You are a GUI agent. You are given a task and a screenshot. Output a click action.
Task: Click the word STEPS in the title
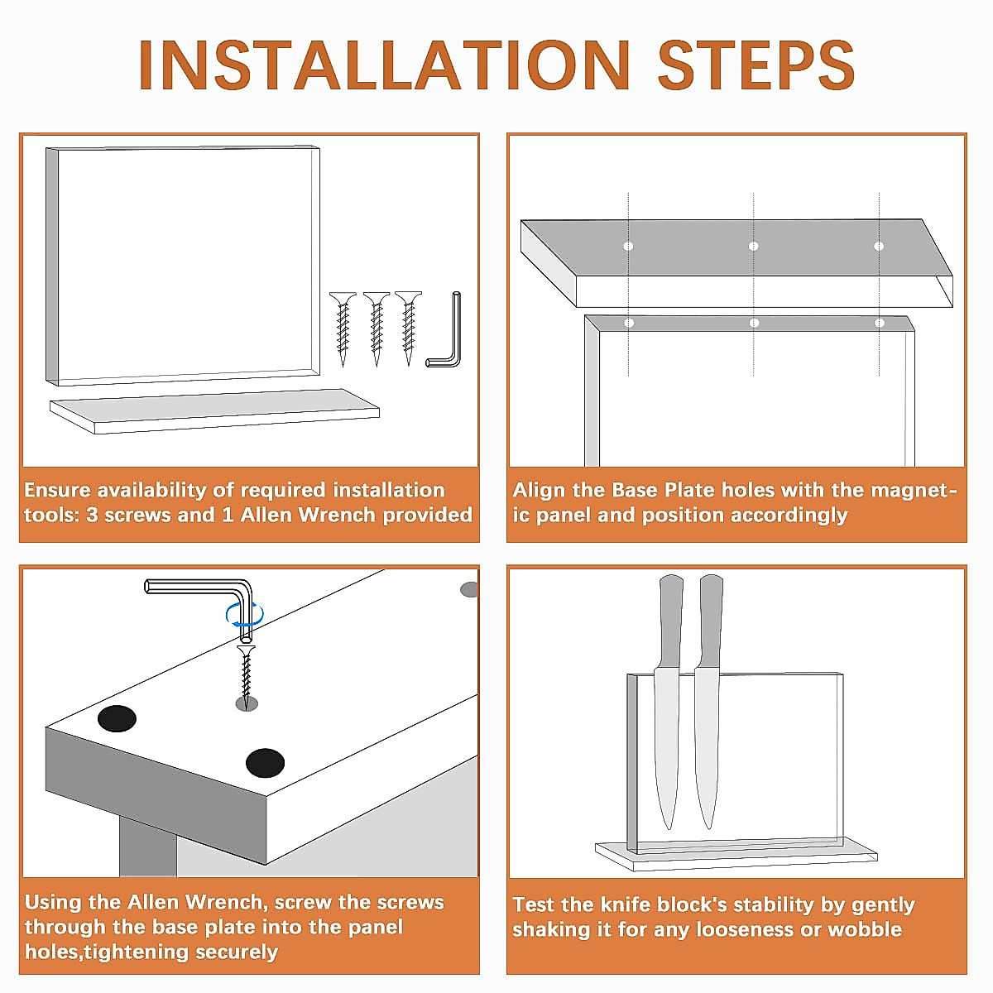click(756, 65)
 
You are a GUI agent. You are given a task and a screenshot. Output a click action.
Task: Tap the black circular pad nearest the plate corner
click(265, 763)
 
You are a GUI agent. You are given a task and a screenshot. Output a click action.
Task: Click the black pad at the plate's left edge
click(117, 718)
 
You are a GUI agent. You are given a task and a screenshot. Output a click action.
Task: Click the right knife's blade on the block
click(707, 747)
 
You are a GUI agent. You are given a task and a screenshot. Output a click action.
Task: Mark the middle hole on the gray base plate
click(753, 246)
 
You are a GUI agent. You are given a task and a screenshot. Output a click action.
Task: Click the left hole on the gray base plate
click(628, 246)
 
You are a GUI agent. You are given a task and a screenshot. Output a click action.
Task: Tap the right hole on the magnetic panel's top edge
click(880, 323)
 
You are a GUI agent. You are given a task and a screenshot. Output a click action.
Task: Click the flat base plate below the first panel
click(214, 410)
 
